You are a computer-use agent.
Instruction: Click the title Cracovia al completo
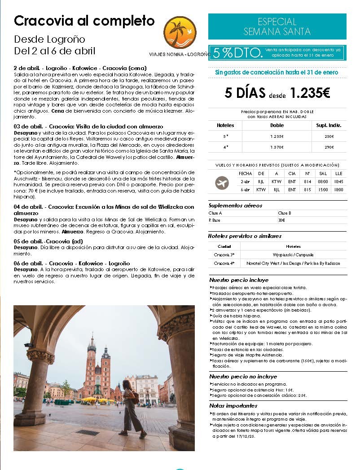coord(84,21)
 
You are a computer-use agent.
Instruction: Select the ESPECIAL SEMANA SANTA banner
coord(277,26)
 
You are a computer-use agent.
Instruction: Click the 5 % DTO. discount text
coord(237,53)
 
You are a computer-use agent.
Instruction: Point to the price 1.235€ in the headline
coord(310,93)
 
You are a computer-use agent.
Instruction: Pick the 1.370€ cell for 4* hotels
coord(277,147)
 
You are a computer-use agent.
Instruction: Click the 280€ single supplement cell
coord(329,136)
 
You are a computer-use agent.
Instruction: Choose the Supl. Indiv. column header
coord(329,125)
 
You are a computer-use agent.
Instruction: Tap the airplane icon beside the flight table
coord(222,183)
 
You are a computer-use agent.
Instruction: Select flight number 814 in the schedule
coord(307,182)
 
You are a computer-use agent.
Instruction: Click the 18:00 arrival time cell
coord(338,190)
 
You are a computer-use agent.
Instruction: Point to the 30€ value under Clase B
coord(281,220)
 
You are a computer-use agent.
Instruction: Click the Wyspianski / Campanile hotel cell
coord(293,255)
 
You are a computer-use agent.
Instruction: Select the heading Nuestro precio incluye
coord(237,280)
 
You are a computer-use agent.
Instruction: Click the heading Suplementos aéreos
coord(235,205)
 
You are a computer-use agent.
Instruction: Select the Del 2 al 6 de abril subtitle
coord(54,51)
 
